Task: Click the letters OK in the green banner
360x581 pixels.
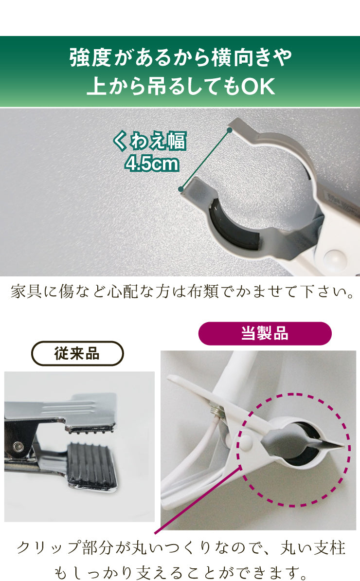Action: [x=258, y=86]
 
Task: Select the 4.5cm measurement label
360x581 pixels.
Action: [x=152, y=163]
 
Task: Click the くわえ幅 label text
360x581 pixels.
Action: [x=149, y=141]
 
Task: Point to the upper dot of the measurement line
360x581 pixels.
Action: [x=230, y=130]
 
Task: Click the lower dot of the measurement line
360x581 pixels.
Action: [x=181, y=189]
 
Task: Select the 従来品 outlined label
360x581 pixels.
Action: [x=77, y=353]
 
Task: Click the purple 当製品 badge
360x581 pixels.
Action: [x=265, y=333]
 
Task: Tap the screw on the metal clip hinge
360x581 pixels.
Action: [x=17, y=447]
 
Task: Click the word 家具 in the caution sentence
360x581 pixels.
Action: [x=26, y=291]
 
